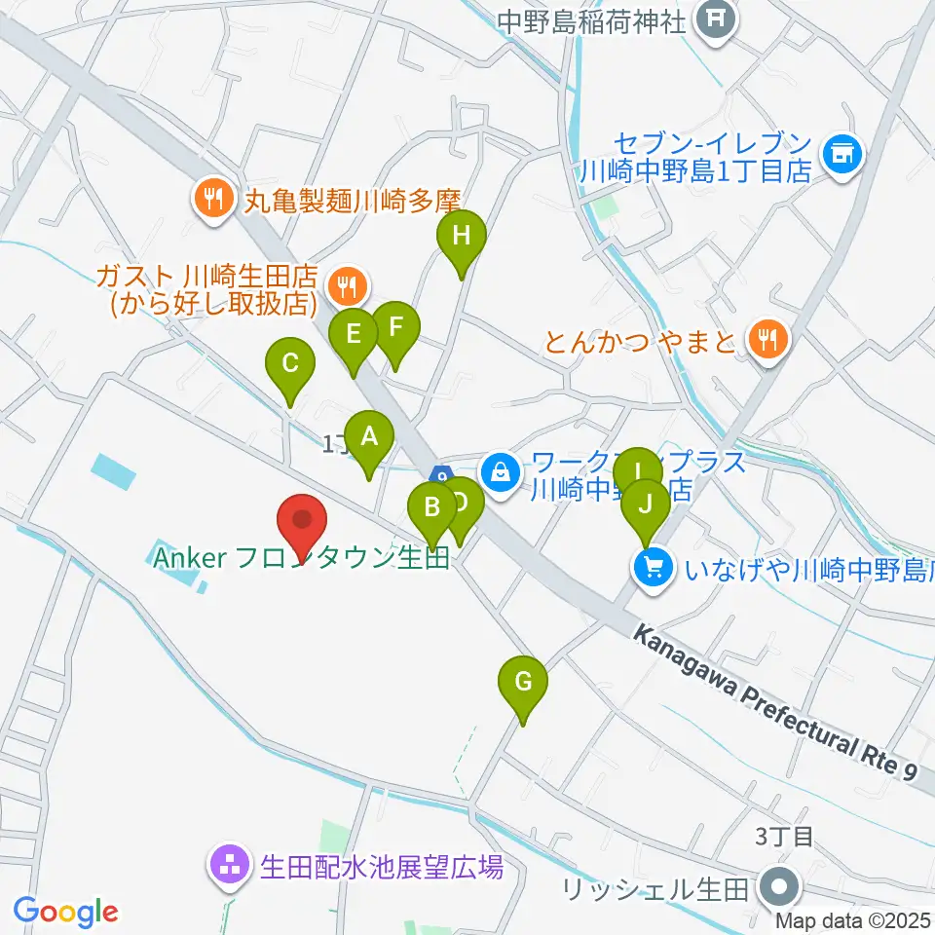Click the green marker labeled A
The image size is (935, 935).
point(368,438)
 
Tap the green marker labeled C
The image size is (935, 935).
point(290,364)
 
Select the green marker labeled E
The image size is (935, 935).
point(354,335)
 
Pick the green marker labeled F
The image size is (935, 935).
point(394,328)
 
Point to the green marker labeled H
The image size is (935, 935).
point(461,236)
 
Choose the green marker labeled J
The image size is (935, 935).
point(645,505)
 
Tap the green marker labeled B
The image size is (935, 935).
point(431,507)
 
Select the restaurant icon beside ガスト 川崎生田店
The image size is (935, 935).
point(345,286)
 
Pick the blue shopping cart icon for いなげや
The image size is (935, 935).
point(652,567)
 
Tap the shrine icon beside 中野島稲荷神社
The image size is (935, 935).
point(718,19)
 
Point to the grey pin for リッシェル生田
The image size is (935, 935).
point(782,888)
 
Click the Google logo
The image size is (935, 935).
point(65,912)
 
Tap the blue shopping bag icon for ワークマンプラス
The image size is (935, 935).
point(501,474)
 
